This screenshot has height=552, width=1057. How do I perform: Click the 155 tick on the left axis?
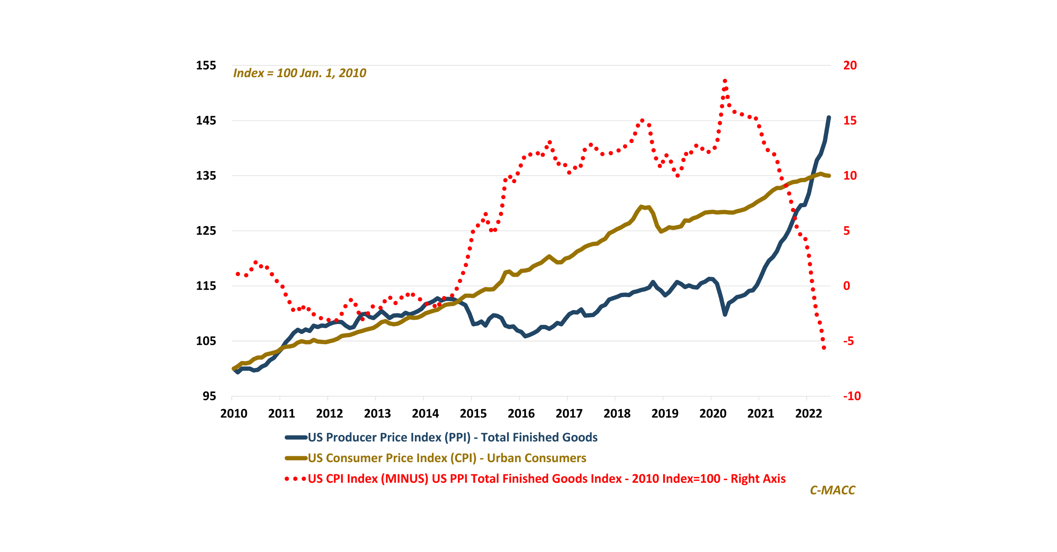pyautogui.click(x=206, y=66)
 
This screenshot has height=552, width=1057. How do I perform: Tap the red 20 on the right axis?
pyautogui.click(x=850, y=66)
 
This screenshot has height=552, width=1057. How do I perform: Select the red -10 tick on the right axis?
pyautogui.click(x=851, y=396)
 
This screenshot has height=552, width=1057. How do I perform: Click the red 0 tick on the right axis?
pyautogui.click(x=846, y=286)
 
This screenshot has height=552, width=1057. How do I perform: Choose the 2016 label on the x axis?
pyautogui.click(x=521, y=413)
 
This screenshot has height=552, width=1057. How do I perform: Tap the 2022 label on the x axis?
pyautogui.click(x=808, y=413)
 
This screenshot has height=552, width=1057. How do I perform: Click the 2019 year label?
pyautogui.click(x=665, y=413)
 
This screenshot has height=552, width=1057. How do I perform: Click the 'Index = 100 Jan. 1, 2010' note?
pyautogui.click(x=299, y=73)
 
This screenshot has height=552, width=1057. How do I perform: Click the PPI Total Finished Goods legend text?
pyautogui.click(x=452, y=438)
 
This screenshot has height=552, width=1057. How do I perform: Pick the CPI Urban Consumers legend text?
pyautogui.click(x=447, y=458)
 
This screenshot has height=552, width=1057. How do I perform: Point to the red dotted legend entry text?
pyautogui.click(x=546, y=479)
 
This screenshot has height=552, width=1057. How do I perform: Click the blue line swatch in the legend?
pyautogui.click(x=296, y=438)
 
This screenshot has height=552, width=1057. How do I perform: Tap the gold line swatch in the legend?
pyautogui.click(x=296, y=458)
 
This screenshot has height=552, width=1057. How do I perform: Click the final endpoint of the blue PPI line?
pyautogui.click(x=829, y=118)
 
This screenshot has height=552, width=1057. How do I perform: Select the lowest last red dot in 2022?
pyautogui.click(x=824, y=348)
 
